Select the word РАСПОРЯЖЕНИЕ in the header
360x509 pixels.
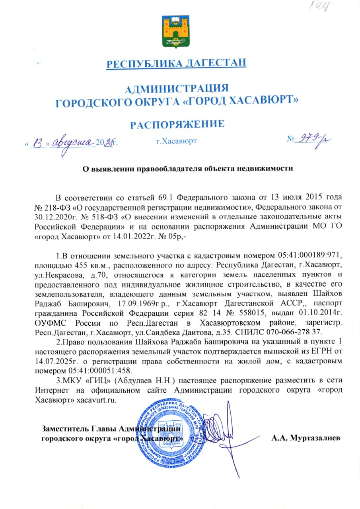[177, 124]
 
